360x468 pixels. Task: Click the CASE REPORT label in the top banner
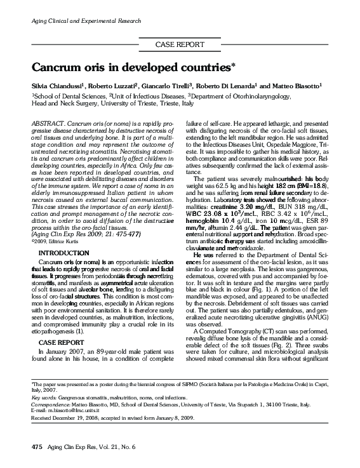point(180,44)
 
